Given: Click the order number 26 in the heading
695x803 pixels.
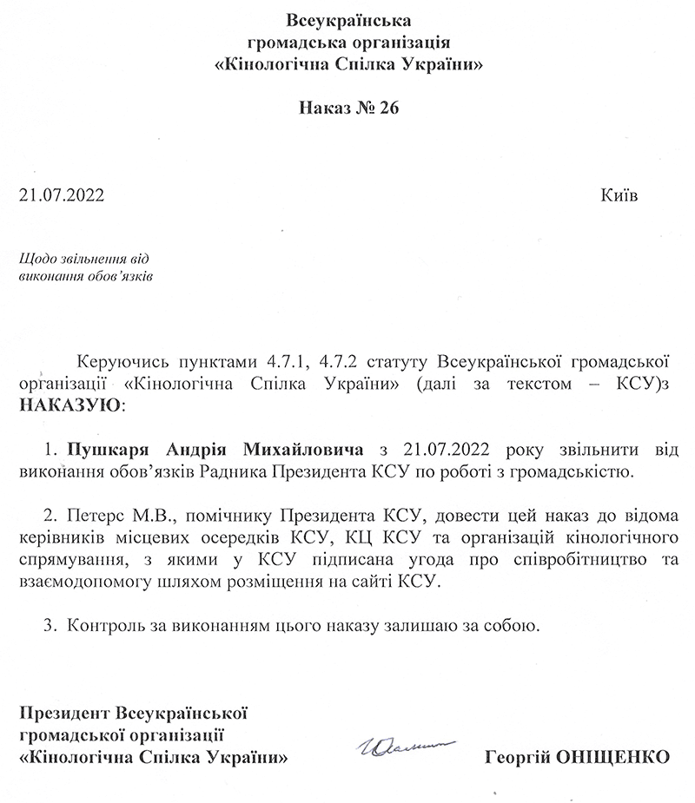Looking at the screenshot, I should click(385, 109).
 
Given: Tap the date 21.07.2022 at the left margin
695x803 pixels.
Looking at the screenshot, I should click(61, 194).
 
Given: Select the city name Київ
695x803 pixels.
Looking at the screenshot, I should click(619, 194).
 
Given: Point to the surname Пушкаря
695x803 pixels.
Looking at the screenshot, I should click(104, 450).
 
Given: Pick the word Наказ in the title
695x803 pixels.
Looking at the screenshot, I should click(327, 109).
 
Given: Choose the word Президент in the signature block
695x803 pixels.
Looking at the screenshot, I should click(64, 713).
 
